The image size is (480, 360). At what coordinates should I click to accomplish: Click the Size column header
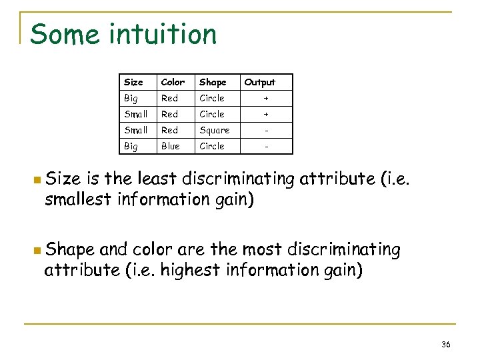coord(133,82)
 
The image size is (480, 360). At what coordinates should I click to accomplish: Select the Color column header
coord(173,82)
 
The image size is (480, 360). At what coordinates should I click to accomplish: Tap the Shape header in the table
coord(213,82)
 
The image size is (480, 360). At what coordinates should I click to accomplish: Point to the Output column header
coord(259,82)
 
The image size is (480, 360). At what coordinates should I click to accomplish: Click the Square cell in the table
coord(214,130)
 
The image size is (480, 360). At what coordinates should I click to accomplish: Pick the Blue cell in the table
coord(170,146)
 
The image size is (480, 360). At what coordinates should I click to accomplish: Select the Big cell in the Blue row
coord(131,146)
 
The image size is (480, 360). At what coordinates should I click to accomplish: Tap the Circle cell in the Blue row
coord(212,146)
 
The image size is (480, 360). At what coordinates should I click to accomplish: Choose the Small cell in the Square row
coord(135,130)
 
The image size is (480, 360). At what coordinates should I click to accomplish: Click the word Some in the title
coord(62,34)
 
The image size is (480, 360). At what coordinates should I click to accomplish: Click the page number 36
coord(446,344)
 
